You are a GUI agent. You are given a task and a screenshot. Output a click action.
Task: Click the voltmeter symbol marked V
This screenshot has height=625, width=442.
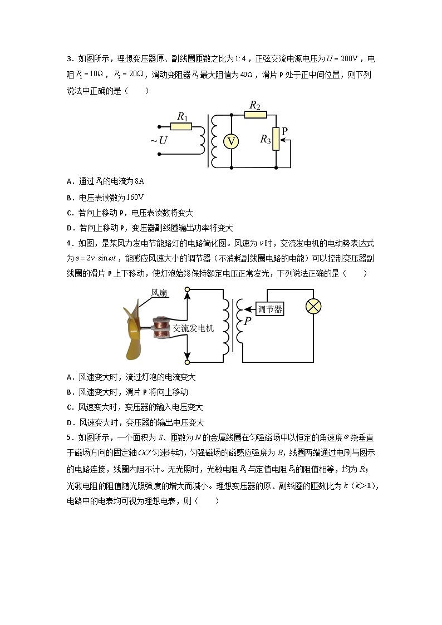231,141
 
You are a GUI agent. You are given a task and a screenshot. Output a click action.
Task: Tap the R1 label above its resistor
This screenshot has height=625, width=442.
181,116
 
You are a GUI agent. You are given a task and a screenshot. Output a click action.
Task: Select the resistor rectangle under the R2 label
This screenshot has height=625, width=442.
256,115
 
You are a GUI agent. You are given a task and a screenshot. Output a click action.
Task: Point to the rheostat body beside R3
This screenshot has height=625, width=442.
277,141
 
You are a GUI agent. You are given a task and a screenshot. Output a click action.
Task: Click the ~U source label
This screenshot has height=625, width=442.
159,141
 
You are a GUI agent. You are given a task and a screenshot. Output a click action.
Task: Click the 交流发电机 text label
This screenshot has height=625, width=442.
193,328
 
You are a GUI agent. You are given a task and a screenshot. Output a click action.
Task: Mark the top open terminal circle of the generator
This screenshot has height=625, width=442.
188,290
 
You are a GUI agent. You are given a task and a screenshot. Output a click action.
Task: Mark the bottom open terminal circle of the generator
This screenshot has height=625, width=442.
188,362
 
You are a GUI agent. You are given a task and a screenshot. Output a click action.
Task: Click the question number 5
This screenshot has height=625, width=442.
68,438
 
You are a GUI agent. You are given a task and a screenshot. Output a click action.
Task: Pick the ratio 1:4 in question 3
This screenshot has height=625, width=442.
243,59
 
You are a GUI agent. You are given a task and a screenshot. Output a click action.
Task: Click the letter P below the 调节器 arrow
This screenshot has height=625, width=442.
247,321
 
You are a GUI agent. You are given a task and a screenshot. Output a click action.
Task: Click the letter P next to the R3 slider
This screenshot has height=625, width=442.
285,131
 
